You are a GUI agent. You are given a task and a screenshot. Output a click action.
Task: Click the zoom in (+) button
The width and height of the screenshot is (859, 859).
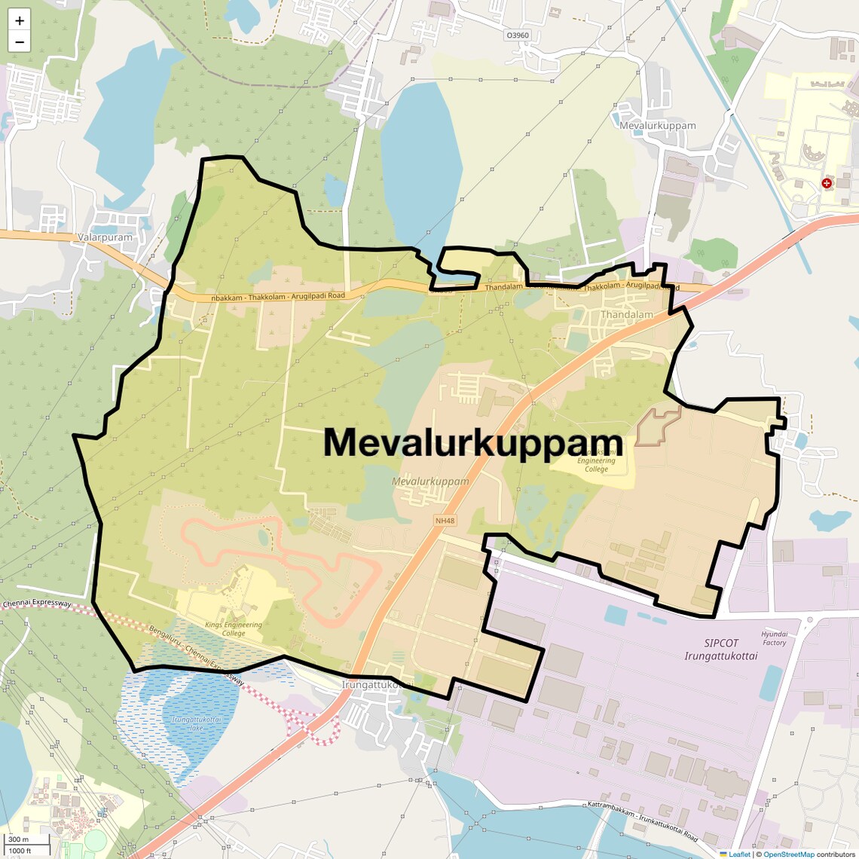click(20, 20)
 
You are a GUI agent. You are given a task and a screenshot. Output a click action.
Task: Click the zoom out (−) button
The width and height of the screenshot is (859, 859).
click(20, 41)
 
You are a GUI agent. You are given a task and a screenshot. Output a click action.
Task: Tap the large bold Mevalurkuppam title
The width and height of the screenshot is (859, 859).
click(473, 443)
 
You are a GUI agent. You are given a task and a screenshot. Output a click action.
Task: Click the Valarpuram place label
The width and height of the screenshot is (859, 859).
click(105, 237)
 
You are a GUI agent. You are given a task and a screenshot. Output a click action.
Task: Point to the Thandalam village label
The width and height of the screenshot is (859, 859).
click(626, 314)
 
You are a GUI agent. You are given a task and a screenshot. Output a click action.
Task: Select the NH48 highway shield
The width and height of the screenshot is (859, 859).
click(445, 521)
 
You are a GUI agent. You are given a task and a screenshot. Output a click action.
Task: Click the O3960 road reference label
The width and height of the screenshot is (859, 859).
click(518, 35)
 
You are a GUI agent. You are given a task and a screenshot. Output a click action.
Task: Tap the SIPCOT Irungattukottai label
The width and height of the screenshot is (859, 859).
click(721, 650)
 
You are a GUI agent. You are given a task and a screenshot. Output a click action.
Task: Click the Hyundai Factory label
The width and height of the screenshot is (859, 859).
click(774, 638)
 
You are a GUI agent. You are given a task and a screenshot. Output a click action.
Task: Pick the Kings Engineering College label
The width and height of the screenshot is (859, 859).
click(234, 628)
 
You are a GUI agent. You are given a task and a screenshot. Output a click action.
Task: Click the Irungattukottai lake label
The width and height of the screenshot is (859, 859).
click(197, 723)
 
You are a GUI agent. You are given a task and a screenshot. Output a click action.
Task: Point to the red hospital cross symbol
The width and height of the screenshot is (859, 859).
click(827, 183)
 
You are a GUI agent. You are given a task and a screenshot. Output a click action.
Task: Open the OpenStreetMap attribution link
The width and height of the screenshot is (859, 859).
click(788, 854)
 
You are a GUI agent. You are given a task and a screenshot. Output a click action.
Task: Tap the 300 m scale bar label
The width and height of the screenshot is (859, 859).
click(19, 839)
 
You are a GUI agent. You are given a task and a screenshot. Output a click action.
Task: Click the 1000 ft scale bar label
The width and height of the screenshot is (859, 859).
click(20, 851)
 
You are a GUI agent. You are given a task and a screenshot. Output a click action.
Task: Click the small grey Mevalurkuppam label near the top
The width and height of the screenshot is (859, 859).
click(657, 125)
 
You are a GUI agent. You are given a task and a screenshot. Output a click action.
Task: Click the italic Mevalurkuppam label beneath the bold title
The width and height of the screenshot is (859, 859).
click(430, 481)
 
